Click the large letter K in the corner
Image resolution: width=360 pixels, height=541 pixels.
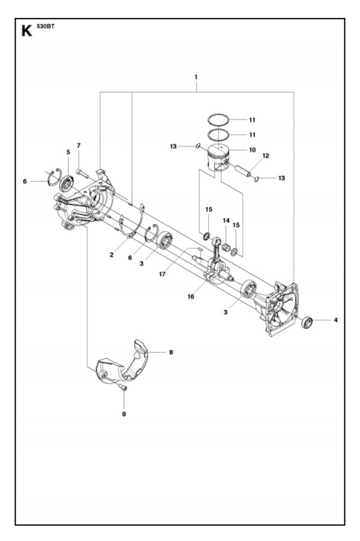coord(26,31)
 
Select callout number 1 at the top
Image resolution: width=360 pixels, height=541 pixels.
coord(196,77)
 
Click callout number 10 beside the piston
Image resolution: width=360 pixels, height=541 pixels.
coord(252,150)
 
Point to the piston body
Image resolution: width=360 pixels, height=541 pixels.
coord(218,158)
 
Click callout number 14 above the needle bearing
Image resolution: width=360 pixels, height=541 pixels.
coord(226,220)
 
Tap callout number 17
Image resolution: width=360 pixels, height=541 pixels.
coord(162,274)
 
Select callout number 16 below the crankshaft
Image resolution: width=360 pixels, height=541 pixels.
coord(191,296)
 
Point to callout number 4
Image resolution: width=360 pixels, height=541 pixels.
coord(336,320)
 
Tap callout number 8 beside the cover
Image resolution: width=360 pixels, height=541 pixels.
coord(171,352)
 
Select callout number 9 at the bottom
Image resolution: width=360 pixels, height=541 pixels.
coord(124,414)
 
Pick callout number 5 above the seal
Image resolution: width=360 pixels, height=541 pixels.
coord(68,152)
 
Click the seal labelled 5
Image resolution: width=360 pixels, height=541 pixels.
coord(67,183)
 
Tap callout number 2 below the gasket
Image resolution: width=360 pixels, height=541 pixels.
coord(112,255)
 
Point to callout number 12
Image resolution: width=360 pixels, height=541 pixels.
coord(265,156)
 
